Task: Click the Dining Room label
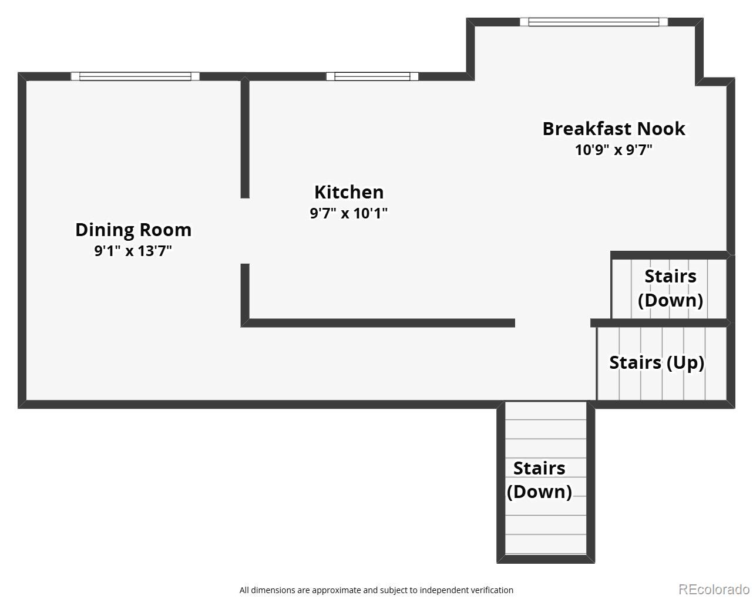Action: pyautogui.click(x=133, y=230)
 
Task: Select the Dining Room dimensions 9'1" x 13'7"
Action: pyautogui.click(x=133, y=251)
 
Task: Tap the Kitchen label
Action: pyautogui.click(x=349, y=192)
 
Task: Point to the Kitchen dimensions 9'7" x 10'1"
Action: pyautogui.click(x=348, y=213)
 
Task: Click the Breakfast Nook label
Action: pyautogui.click(x=614, y=129)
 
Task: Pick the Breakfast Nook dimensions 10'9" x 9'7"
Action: pyautogui.click(x=614, y=150)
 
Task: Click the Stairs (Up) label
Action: pyautogui.click(x=657, y=363)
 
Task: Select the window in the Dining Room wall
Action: pyautogui.click(x=135, y=76)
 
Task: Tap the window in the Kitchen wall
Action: pyautogui.click(x=372, y=76)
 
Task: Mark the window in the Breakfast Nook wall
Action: pyautogui.click(x=594, y=22)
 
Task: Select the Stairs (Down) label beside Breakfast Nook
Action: pyautogui.click(x=670, y=288)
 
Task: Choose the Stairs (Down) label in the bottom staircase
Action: pyautogui.click(x=539, y=480)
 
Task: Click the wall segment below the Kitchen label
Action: pyautogui.click(x=378, y=323)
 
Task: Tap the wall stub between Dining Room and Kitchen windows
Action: pyautogui.click(x=245, y=137)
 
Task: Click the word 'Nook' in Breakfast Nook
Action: pyautogui.click(x=661, y=129)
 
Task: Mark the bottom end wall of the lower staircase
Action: pyautogui.click(x=546, y=558)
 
